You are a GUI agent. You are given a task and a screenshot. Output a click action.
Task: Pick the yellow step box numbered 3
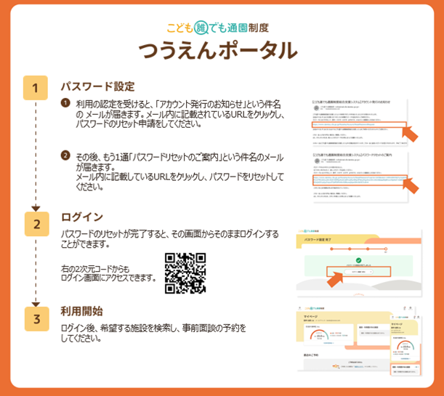36,318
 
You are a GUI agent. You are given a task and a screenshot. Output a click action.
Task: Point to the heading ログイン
82,217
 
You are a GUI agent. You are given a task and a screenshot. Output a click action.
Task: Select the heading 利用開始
81,312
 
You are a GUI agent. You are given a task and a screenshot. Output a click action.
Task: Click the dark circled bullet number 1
65,104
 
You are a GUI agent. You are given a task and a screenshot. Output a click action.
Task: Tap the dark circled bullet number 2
65,155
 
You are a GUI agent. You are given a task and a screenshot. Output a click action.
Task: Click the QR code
185,272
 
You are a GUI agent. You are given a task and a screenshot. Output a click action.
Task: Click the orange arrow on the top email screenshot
409,133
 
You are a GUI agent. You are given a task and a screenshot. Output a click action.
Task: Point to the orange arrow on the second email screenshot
409,185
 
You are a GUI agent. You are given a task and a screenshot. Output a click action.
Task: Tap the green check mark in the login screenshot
358,260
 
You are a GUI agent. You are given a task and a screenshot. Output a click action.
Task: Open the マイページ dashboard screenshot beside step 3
359,344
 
